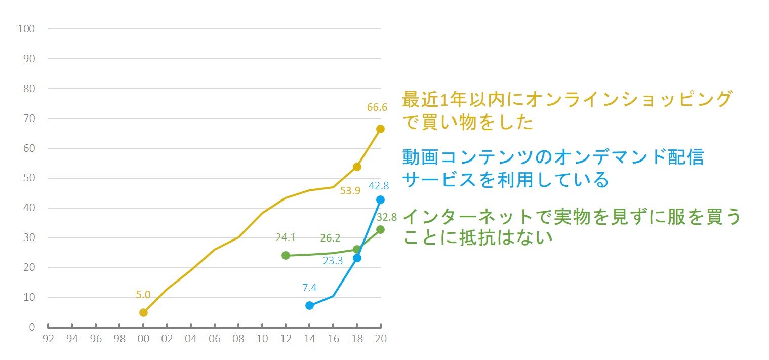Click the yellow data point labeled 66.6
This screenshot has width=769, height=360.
pyautogui.click(x=380, y=129)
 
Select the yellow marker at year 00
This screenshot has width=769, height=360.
pyautogui.click(x=143, y=312)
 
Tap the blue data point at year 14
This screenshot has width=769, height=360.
pyautogui.click(x=309, y=305)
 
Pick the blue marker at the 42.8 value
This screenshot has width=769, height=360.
pyautogui.click(x=380, y=199)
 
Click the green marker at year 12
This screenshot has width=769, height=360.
pyautogui.click(x=286, y=255)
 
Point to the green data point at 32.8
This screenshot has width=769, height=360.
pyautogui.click(x=380, y=229)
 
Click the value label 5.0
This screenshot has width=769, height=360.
pyautogui.click(x=143, y=294)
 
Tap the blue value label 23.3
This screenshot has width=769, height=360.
pyautogui.click(x=333, y=261)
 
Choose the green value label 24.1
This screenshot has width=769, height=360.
pyautogui.click(x=286, y=237)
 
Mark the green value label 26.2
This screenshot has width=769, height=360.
pyautogui.click(x=330, y=238)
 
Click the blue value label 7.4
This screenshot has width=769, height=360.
pyautogui.click(x=309, y=288)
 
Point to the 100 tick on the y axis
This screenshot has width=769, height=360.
pyautogui.click(x=26, y=29)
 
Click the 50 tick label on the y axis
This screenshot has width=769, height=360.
pyautogui.click(x=29, y=178)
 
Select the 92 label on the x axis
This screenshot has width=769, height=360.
pyautogui.click(x=48, y=339)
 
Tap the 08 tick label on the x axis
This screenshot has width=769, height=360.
pyautogui.click(x=238, y=339)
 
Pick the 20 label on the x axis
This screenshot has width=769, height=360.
pyautogui.click(x=381, y=339)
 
